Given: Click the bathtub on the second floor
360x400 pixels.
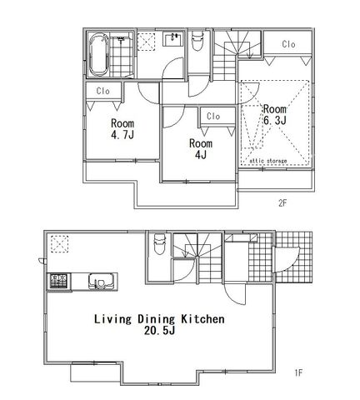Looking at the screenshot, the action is (x=98, y=55).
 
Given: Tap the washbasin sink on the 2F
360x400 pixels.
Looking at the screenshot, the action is (x=173, y=39).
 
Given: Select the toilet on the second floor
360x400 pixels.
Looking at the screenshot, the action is (x=197, y=41).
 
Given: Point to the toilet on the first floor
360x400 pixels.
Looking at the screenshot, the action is (x=159, y=244).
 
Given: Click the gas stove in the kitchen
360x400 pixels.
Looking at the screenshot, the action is (x=58, y=281).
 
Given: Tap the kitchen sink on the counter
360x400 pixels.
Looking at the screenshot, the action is (x=101, y=282).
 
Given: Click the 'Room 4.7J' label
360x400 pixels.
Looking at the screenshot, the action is (x=122, y=128).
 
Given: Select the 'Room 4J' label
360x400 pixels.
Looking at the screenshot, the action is (x=201, y=149).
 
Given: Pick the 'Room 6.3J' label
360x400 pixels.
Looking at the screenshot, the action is (x=275, y=115).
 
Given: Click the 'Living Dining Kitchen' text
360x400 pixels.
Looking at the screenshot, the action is (x=159, y=319).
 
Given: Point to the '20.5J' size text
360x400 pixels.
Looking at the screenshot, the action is (x=159, y=331).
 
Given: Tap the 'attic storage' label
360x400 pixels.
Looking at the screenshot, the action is (x=268, y=161).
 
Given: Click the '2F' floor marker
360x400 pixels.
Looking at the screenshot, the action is (x=282, y=203).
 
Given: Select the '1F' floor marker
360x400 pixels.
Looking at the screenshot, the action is (x=298, y=372).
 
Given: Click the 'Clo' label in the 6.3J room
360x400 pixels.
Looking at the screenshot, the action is (x=288, y=44).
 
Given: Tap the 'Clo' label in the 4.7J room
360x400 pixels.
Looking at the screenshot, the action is (x=103, y=91).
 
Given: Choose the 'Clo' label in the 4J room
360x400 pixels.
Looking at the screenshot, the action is (x=213, y=117).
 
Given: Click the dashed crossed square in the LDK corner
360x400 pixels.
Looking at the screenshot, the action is (x=59, y=244).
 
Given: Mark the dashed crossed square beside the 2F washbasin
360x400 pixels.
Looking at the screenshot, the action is (x=146, y=42).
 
